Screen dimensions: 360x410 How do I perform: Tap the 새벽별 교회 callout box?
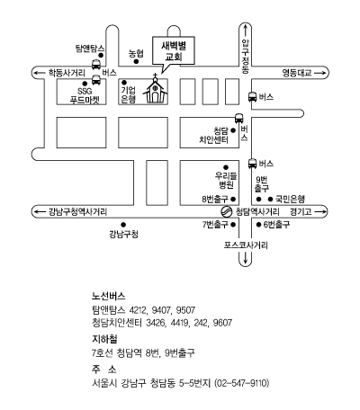(x=174, y=50)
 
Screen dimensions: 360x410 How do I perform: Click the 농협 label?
(x=136, y=53)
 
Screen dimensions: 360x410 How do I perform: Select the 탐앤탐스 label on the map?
(x=90, y=49)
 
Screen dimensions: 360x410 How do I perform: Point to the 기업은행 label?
(x=129, y=94)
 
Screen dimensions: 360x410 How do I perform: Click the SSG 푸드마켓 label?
(x=85, y=95)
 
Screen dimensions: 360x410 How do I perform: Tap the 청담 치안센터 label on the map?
(x=214, y=135)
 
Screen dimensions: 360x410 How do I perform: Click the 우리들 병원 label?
(x=226, y=180)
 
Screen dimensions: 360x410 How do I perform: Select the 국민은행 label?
(x=290, y=199)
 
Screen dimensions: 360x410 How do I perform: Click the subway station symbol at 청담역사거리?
(x=227, y=211)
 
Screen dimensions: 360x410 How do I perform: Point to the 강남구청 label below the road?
(x=123, y=234)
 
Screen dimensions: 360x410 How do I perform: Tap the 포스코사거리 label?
(x=246, y=245)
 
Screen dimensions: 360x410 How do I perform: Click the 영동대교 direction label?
(x=297, y=73)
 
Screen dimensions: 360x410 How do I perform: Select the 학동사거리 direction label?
(x=67, y=73)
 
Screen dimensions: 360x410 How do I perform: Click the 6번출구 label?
(x=276, y=225)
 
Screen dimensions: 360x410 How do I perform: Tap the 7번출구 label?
(x=215, y=225)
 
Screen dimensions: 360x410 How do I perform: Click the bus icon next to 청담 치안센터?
(x=238, y=118)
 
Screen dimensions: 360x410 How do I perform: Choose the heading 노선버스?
(x=109, y=296)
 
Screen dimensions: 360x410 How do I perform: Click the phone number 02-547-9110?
(x=242, y=383)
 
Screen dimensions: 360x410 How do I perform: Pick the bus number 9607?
(x=222, y=323)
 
